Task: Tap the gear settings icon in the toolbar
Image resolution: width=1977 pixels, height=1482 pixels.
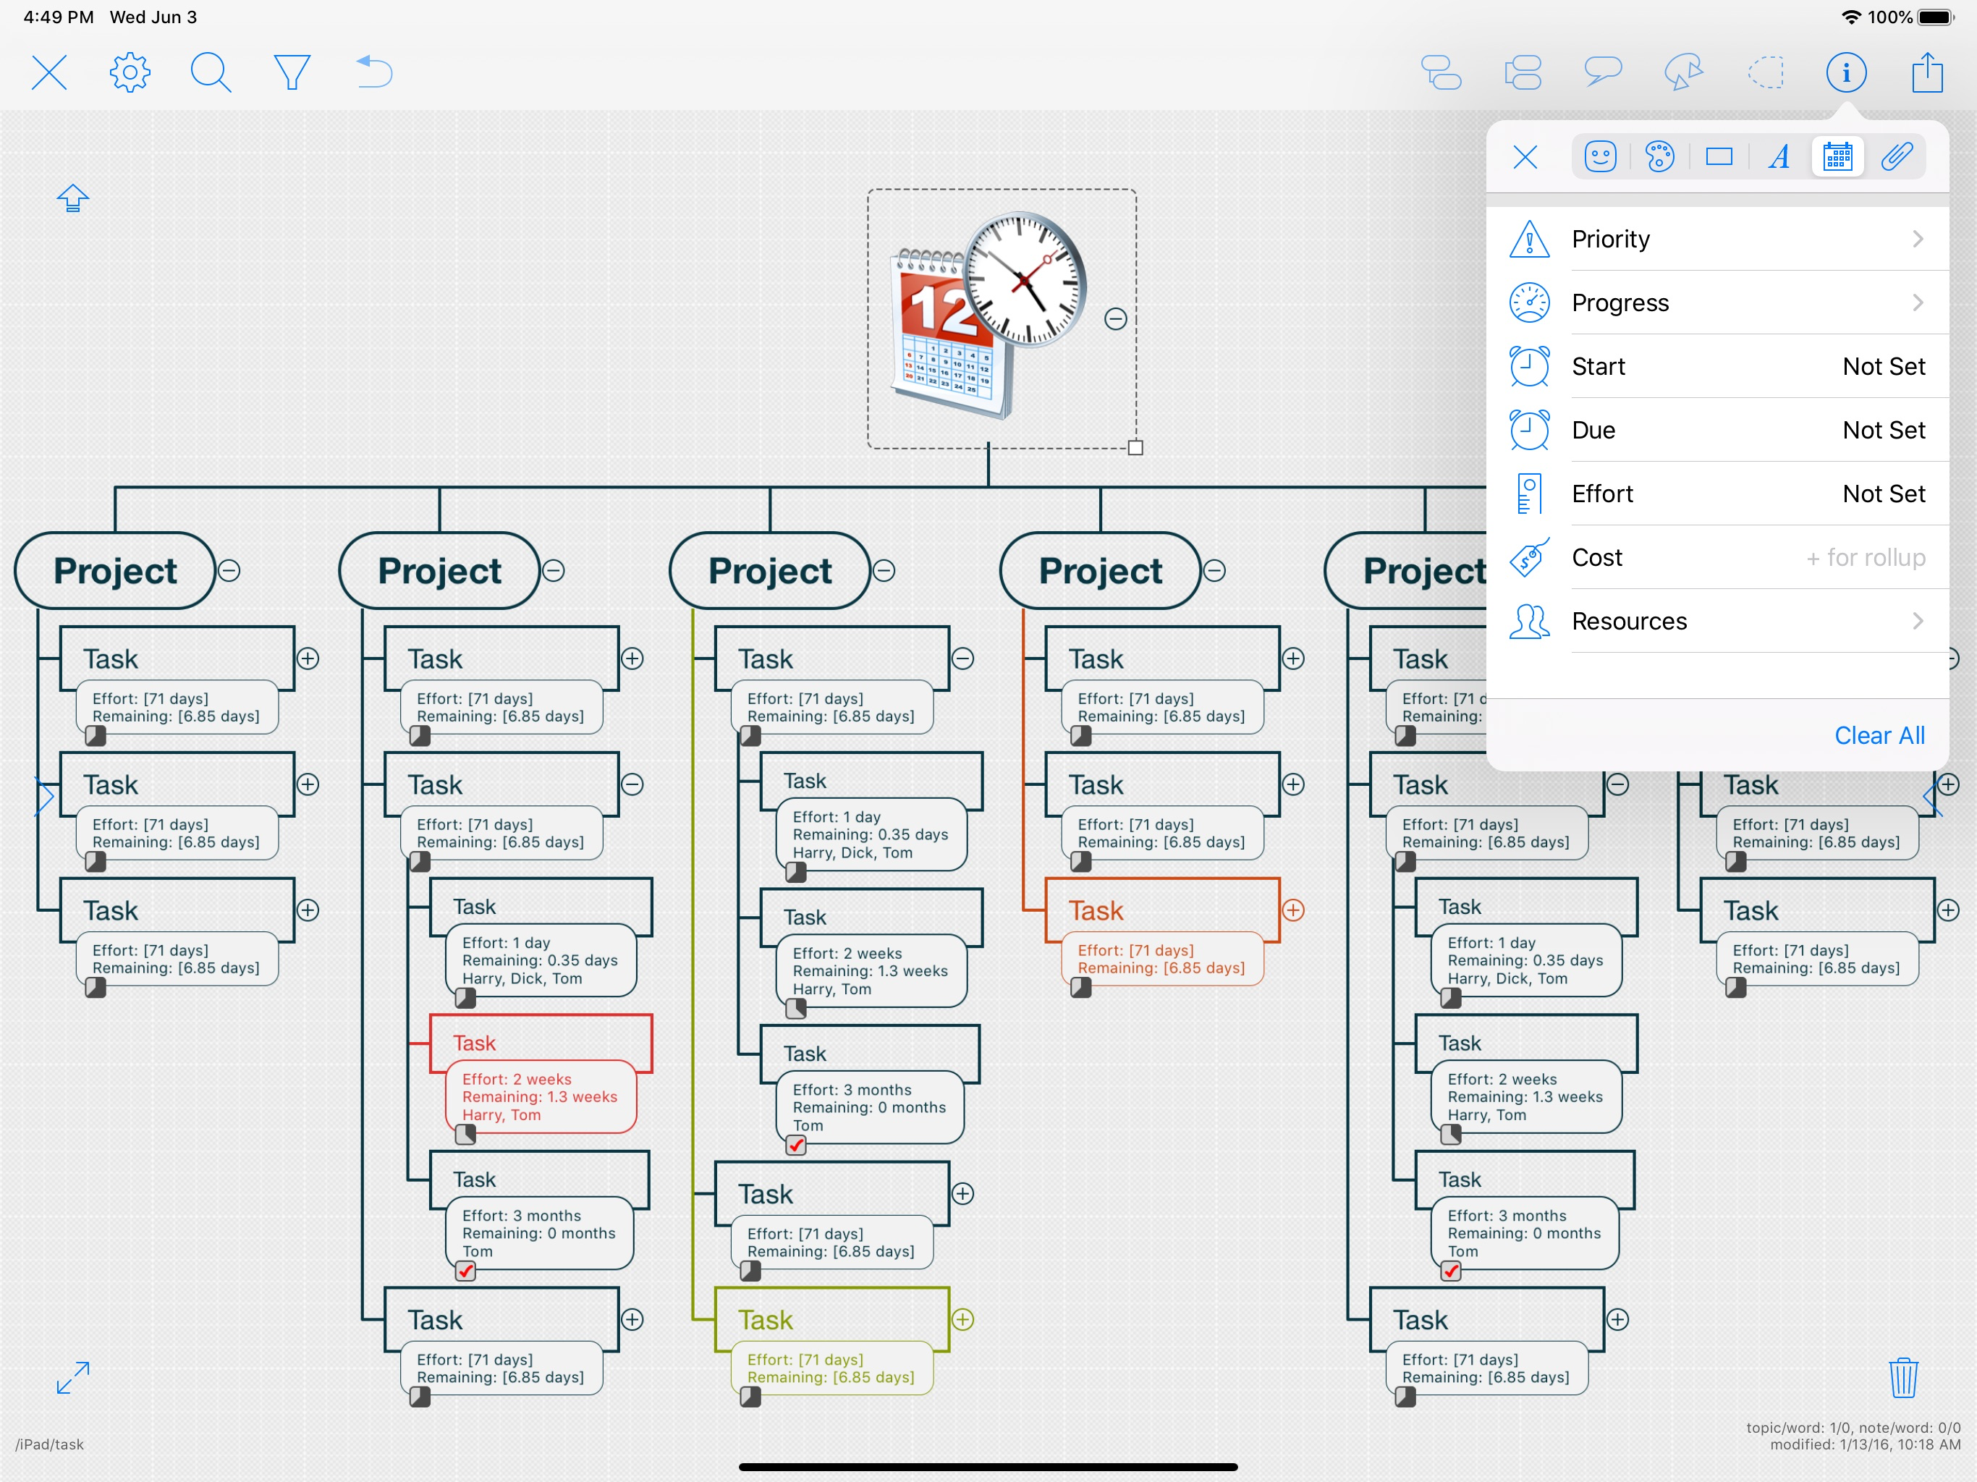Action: (130, 72)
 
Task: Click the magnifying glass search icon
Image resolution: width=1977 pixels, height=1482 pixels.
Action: (211, 72)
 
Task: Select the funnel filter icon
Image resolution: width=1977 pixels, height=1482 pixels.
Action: (292, 72)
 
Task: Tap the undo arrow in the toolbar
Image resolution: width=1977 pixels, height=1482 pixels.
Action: (373, 72)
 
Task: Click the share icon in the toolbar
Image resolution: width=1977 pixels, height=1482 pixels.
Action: (1928, 72)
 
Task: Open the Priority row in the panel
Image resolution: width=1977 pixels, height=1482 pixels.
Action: (1716, 239)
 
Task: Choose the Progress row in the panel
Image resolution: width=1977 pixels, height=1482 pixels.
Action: (1716, 302)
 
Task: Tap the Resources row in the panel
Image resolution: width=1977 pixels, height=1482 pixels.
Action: (1716, 621)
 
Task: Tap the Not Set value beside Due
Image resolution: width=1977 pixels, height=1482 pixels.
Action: (1883, 430)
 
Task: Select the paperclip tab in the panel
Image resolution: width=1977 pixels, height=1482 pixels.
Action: (1897, 157)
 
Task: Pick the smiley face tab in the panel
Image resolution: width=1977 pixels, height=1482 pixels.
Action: (1600, 157)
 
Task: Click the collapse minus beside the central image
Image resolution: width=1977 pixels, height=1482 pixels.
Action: (1115, 319)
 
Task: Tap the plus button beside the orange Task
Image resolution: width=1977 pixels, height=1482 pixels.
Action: (1293, 910)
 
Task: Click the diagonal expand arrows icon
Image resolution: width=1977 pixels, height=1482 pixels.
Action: (72, 1377)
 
